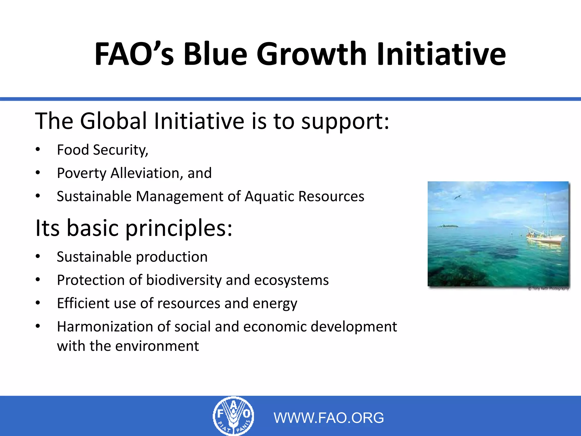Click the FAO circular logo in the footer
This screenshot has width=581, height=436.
pyautogui.click(x=233, y=416)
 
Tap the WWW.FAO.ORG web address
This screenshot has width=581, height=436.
pyautogui.click(x=329, y=418)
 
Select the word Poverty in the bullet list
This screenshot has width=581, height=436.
pyautogui.click(x=81, y=173)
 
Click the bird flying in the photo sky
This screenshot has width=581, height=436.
pyautogui.click(x=458, y=197)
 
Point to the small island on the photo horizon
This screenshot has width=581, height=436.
pyautogui.click(x=448, y=226)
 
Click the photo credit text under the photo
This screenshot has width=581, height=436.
pyautogui.click(x=549, y=289)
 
